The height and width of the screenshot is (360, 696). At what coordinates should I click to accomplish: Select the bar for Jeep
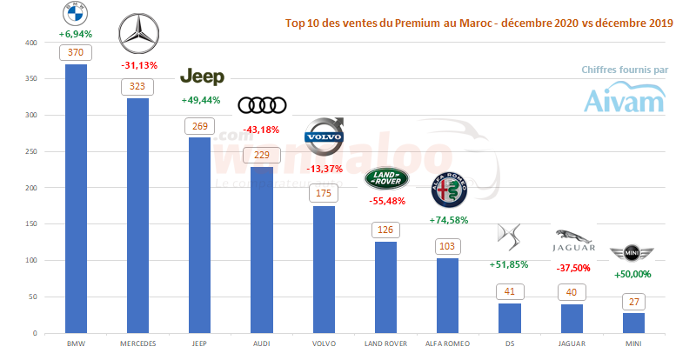pyautogui.click(x=199, y=235)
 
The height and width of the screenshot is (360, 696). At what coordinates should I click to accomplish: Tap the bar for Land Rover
pyautogui.click(x=385, y=287)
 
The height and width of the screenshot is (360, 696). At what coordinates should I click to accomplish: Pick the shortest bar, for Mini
pyautogui.click(x=633, y=323)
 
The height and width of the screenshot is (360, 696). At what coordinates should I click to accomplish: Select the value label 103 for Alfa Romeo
pyautogui.click(x=448, y=247)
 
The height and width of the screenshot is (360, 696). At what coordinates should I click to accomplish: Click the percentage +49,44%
pyautogui.click(x=200, y=100)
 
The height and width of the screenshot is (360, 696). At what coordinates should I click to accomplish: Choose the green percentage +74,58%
pyautogui.click(x=449, y=220)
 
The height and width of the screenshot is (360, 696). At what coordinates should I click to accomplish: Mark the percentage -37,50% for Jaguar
pyautogui.click(x=572, y=268)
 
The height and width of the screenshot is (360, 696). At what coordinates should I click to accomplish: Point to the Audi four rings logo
pyautogui.click(x=262, y=105)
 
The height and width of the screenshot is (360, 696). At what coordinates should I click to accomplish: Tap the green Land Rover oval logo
pyautogui.click(x=386, y=178)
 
